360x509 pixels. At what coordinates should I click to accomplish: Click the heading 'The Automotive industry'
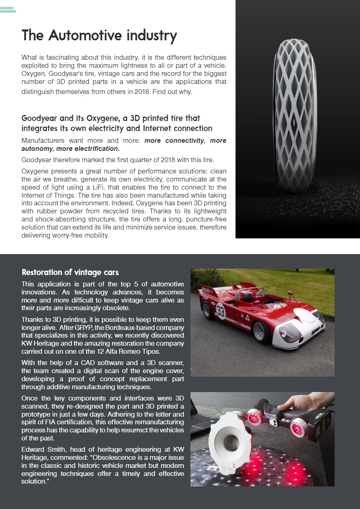[x=99, y=35]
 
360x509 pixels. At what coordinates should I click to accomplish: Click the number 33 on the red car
[x=220, y=312]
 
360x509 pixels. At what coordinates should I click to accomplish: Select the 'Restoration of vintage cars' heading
[x=70, y=272]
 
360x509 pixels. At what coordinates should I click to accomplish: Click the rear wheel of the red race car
[x=209, y=309]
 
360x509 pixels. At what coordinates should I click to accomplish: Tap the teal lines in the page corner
[x=8, y=10]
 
